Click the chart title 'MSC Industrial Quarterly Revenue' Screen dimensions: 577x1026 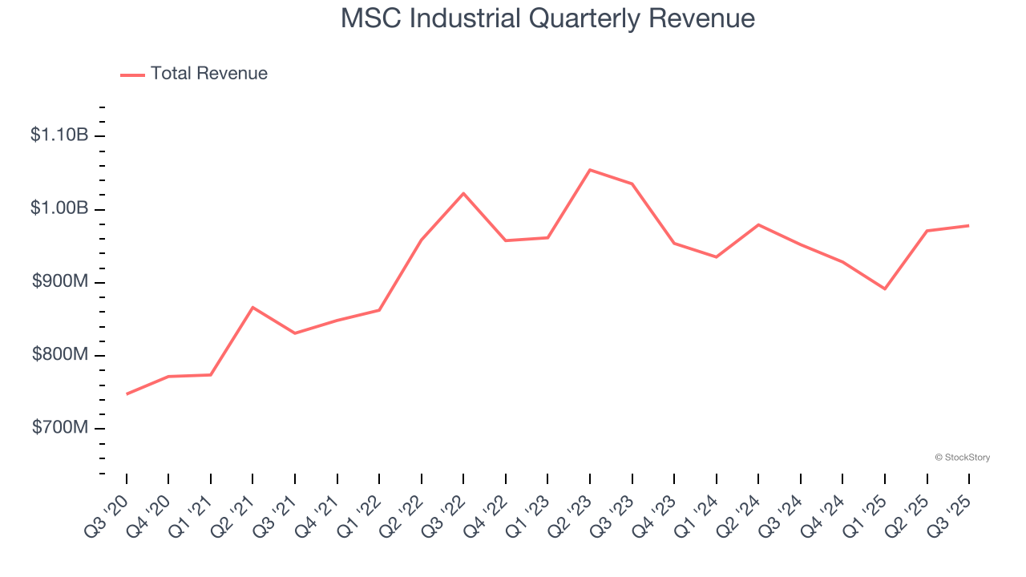point(547,18)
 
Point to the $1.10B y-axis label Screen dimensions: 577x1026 point(59,135)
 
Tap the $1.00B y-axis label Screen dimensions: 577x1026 point(59,208)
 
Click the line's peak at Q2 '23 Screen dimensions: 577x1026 point(590,170)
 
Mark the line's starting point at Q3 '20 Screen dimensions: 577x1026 point(127,394)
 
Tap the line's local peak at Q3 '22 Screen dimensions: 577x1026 point(463,193)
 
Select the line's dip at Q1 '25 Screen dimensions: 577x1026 point(885,288)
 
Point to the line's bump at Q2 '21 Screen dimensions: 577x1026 point(252,307)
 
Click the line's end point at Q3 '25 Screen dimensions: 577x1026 point(969,225)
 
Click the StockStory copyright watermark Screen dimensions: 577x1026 point(962,458)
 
